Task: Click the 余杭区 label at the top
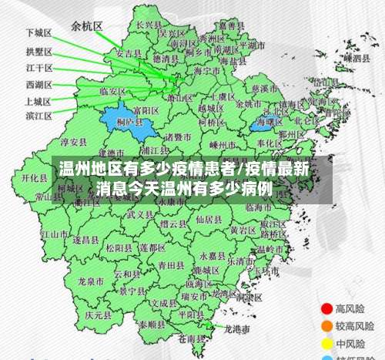[87, 25]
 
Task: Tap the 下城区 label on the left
[38, 33]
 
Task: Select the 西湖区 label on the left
[38, 84]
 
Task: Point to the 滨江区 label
[38, 116]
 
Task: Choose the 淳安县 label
[74, 142]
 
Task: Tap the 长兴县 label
[147, 25]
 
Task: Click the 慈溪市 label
[266, 87]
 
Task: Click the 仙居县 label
[209, 218]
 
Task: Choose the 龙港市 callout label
[237, 329]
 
